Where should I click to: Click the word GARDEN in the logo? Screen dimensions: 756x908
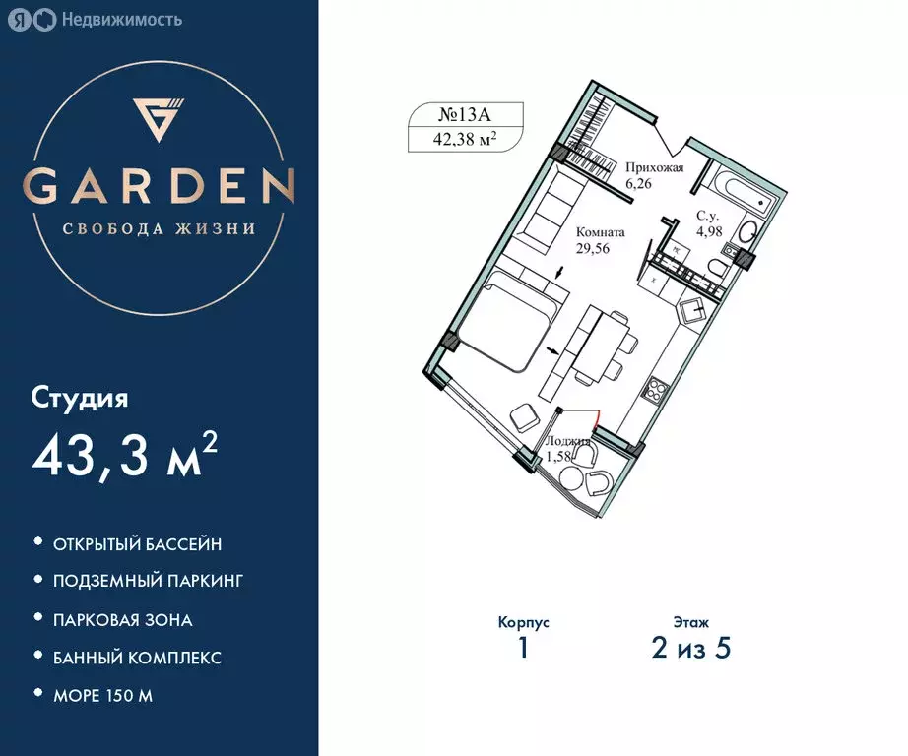[x=160, y=186]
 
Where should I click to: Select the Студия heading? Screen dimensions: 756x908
[x=80, y=399]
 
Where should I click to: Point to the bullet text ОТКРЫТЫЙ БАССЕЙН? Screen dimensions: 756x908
[x=138, y=543]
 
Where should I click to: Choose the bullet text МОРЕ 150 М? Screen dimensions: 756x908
[x=103, y=696]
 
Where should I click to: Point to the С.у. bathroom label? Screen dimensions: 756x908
[x=708, y=215]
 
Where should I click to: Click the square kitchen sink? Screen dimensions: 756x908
[x=696, y=312]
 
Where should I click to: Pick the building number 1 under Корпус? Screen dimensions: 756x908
[x=523, y=650]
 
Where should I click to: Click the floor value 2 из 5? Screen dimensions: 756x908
[x=691, y=650]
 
